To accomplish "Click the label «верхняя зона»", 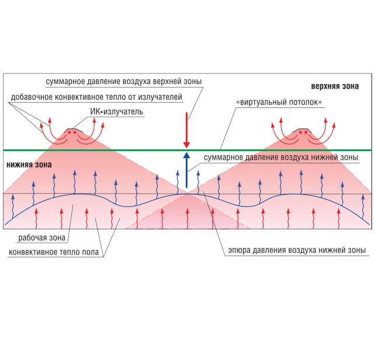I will (335, 86).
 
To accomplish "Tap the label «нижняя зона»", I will (29, 165).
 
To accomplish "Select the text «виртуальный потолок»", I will (279, 102).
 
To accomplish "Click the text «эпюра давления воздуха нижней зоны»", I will (296, 250).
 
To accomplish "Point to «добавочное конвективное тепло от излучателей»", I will (96, 96).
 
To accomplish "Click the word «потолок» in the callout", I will (301, 102).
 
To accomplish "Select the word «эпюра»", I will (238, 250).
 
